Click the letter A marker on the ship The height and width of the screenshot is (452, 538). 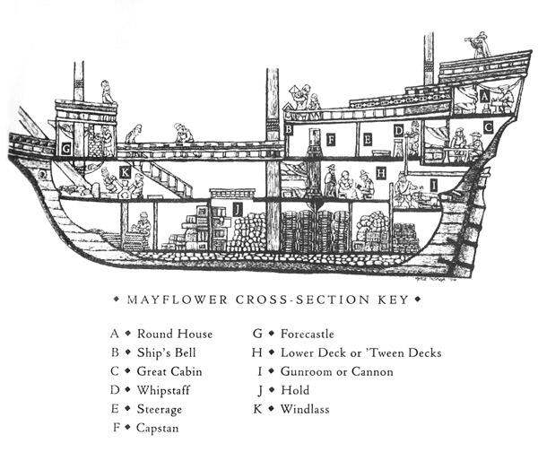click(x=484, y=95)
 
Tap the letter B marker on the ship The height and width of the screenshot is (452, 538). click(x=289, y=129)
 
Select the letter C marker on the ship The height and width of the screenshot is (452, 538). click(x=488, y=128)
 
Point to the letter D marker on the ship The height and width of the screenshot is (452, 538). click(x=397, y=131)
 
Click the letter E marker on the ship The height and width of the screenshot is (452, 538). click(x=369, y=140)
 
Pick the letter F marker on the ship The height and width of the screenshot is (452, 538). click(x=331, y=140)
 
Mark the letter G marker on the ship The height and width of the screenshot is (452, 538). click(x=65, y=150)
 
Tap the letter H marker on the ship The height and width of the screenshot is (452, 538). click(x=381, y=172)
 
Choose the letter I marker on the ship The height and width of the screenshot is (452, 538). click(x=434, y=184)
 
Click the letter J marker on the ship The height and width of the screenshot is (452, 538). click(x=237, y=209)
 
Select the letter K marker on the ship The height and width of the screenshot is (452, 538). click(x=125, y=170)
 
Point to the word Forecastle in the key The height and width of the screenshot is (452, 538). click(x=310, y=333)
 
